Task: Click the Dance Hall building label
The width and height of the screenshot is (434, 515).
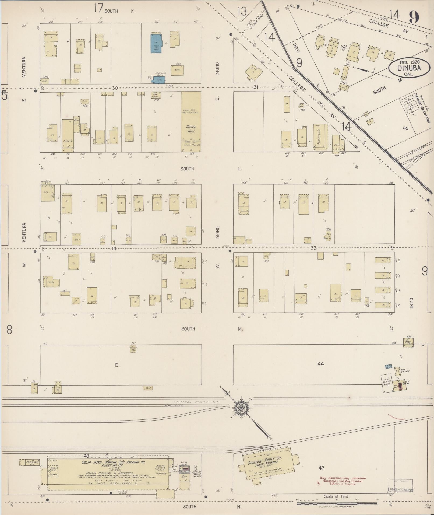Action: pos(191,129)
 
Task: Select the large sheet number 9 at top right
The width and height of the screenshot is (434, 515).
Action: pos(414,17)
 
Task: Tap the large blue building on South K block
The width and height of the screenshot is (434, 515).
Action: pos(156,43)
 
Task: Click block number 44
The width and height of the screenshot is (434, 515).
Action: pos(320,364)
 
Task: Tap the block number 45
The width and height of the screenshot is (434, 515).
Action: pos(405,128)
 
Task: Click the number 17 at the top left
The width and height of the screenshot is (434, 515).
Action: pos(98,9)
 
